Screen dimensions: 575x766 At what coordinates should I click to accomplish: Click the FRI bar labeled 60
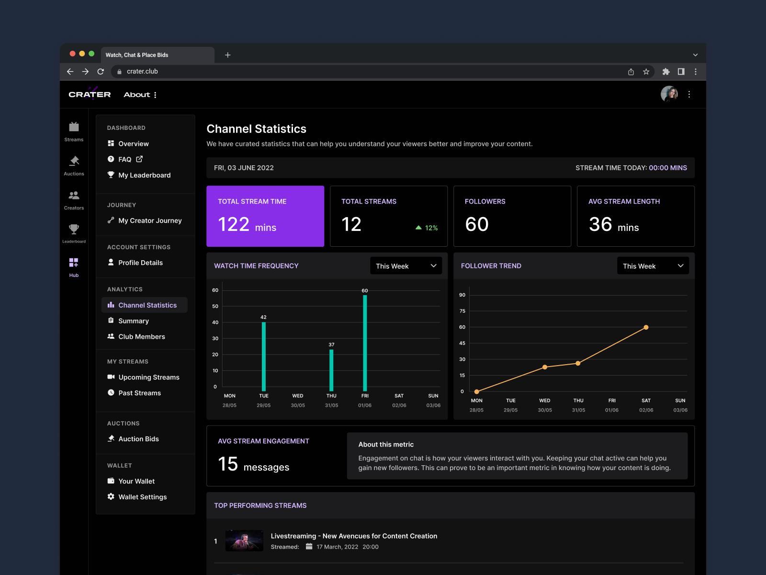pyautogui.click(x=365, y=343)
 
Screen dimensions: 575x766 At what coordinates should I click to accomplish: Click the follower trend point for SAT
pyautogui.click(x=646, y=327)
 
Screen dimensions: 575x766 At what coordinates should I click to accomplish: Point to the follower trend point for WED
pyautogui.click(x=545, y=367)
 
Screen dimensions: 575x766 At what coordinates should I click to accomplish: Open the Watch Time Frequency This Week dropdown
pyautogui.click(x=406, y=266)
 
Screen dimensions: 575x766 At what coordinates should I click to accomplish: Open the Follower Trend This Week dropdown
pyautogui.click(x=653, y=266)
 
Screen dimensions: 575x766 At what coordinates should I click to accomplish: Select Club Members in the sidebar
pyautogui.click(x=142, y=337)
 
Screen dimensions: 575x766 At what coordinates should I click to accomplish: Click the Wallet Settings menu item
pyautogui.click(x=142, y=497)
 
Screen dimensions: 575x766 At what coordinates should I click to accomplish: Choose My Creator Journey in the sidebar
pyautogui.click(x=149, y=220)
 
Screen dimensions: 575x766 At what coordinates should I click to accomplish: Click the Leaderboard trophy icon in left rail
pyautogui.click(x=74, y=233)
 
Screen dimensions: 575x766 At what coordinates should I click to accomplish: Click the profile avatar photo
pyautogui.click(x=669, y=94)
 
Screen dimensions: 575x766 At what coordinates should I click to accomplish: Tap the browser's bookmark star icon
pyautogui.click(x=646, y=71)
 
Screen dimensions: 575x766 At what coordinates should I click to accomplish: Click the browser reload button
pyautogui.click(x=101, y=71)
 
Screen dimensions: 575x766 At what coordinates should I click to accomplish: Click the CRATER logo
pyautogui.click(x=90, y=94)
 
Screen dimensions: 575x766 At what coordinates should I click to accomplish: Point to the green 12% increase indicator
pyautogui.click(x=427, y=228)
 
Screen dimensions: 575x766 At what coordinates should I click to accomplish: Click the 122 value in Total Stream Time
pyautogui.click(x=234, y=225)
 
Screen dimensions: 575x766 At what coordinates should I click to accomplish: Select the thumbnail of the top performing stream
pyautogui.click(x=244, y=540)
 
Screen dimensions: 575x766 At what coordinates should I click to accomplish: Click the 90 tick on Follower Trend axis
pyautogui.click(x=462, y=295)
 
